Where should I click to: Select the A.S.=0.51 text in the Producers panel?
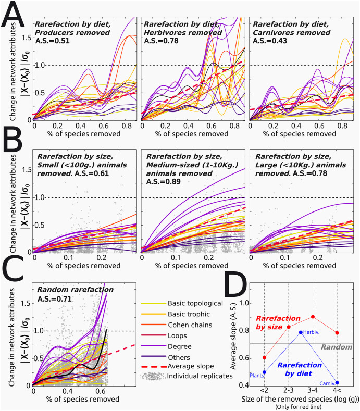click(x=53, y=41)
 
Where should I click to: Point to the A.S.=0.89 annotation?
click(x=164, y=181)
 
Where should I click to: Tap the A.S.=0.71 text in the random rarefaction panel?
click(x=54, y=299)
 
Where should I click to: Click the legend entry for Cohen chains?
click(x=177, y=325)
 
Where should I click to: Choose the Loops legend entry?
click(x=164, y=335)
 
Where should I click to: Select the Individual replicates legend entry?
click(x=187, y=376)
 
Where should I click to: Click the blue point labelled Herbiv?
click(x=301, y=332)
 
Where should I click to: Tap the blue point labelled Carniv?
click(x=337, y=383)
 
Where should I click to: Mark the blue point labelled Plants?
click(x=264, y=372)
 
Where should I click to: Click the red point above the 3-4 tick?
click(x=313, y=317)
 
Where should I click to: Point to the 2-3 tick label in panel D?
click(x=289, y=390)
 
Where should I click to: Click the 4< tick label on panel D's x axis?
click(x=337, y=390)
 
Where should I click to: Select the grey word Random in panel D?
click(x=337, y=347)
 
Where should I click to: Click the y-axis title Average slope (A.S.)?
click(x=233, y=336)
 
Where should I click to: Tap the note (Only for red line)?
click(x=299, y=407)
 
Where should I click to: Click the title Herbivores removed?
click(x=183, y=32)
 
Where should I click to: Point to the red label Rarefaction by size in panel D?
click(x=278, y=322)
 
